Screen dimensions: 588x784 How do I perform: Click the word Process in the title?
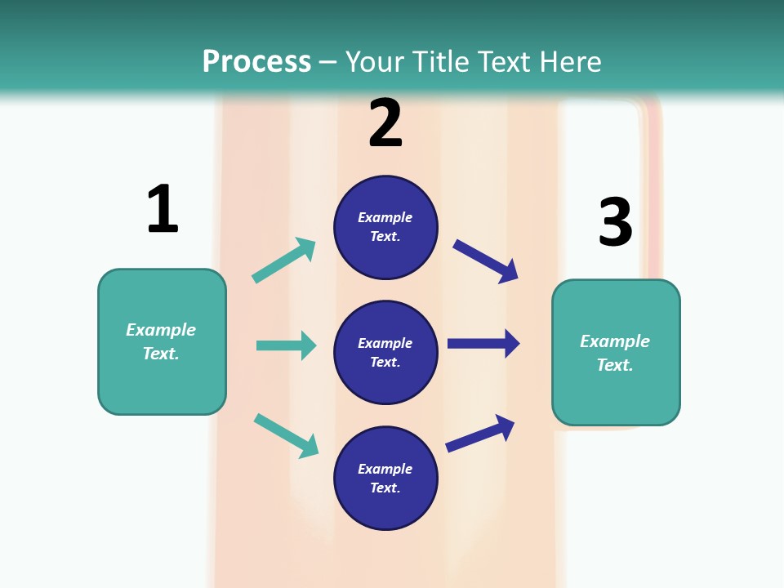[256, 62]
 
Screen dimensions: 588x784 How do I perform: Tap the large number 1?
[163, 209]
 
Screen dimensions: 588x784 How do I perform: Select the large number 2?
[385, 123]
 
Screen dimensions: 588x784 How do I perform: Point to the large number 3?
[615, 221]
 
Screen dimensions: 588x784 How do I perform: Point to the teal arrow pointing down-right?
[286, 435]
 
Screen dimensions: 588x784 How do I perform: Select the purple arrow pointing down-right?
[485, 261]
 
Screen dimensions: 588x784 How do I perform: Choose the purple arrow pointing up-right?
[480, 433]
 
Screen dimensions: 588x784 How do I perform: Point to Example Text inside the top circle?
[385, 227]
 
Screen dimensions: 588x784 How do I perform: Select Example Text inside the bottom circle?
[385, 479]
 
